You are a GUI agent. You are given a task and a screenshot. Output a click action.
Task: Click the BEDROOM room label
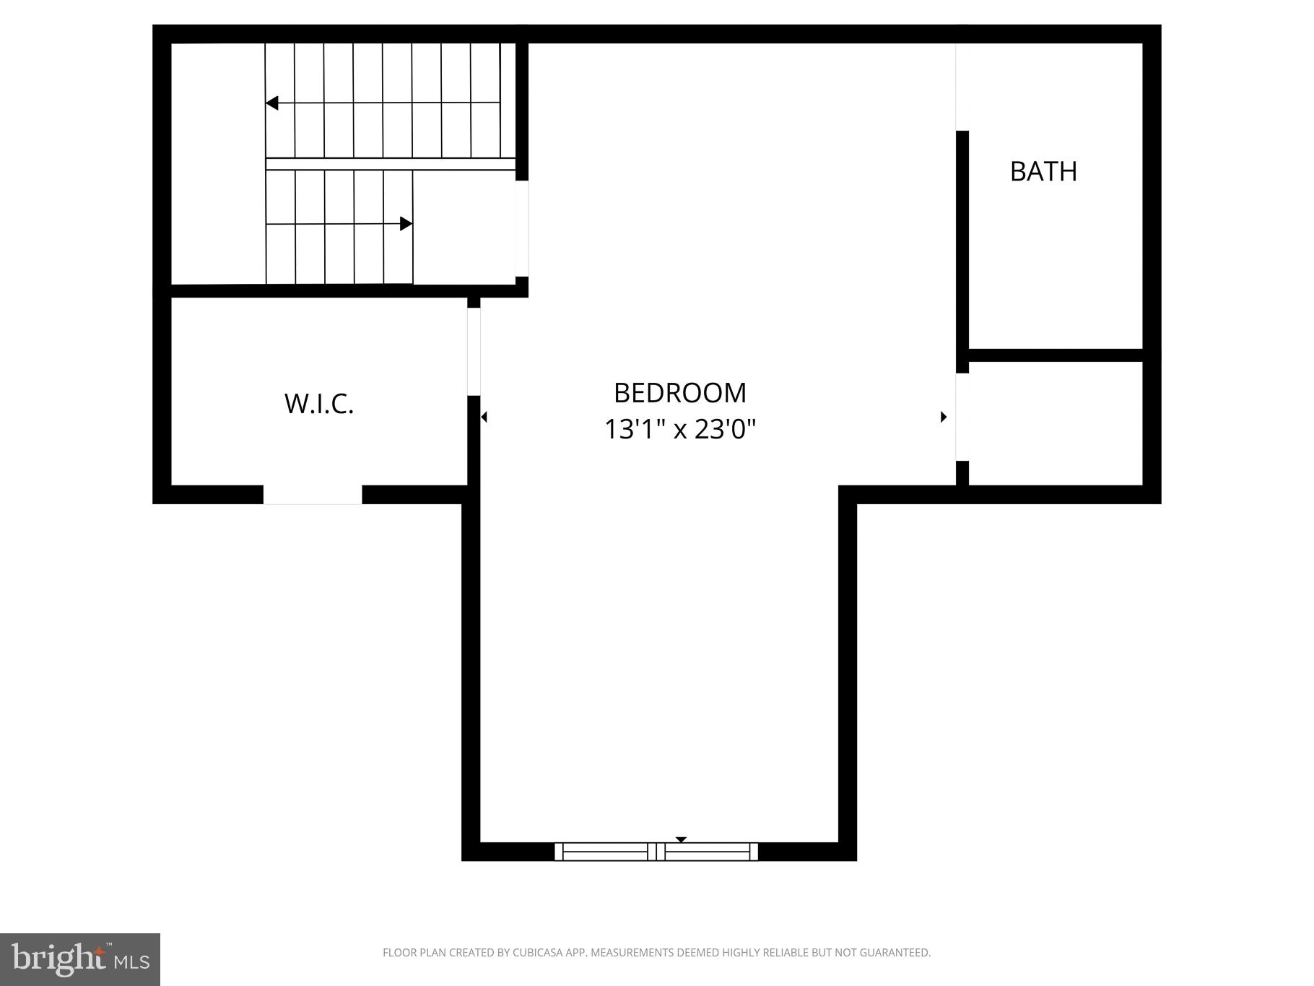(679, 393)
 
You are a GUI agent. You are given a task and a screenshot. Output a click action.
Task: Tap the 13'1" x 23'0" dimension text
(679, 430)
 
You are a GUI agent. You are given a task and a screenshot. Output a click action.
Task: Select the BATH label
(1043, 171)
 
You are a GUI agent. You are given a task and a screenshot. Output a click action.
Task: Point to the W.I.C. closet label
(319, 404)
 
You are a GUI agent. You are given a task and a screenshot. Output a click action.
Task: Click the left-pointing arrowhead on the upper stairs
(272, 103)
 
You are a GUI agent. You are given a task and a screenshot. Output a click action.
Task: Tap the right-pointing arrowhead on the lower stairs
(406, 224)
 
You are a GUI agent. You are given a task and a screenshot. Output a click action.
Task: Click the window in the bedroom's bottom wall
(656, 852)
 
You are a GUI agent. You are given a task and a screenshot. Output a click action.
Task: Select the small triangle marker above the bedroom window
(681, 839)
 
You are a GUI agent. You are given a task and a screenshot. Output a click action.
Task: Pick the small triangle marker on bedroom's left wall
(484, 417)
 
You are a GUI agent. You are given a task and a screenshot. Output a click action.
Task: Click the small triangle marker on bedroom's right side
(943, 417)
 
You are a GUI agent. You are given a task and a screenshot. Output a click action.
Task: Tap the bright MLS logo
(80, 959)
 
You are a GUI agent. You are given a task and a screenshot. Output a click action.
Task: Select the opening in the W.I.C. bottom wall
(312, 495)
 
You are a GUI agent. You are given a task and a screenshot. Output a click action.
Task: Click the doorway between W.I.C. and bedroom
(474, 352)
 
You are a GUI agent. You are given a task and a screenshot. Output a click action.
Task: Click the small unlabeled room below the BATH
(1055, 423)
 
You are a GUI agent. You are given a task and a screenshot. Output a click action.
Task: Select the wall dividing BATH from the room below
(1055, 355)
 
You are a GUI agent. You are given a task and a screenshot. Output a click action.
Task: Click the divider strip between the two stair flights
(390, 164)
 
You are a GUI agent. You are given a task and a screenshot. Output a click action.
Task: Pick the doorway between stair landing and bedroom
(522, 228)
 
